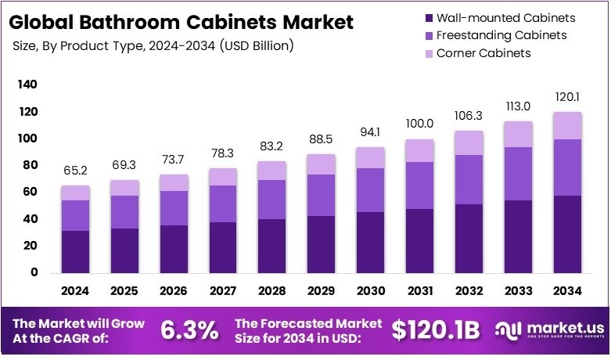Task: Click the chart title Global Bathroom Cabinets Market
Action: click(182, 21)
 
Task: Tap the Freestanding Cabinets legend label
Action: click(501, 35)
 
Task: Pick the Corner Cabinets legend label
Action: click(483, 53)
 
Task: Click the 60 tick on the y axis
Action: click(30, 192)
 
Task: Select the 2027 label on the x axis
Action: click(222, 291)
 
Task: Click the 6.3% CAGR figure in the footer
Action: click(189, 330)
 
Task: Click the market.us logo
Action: click(550, 331)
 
